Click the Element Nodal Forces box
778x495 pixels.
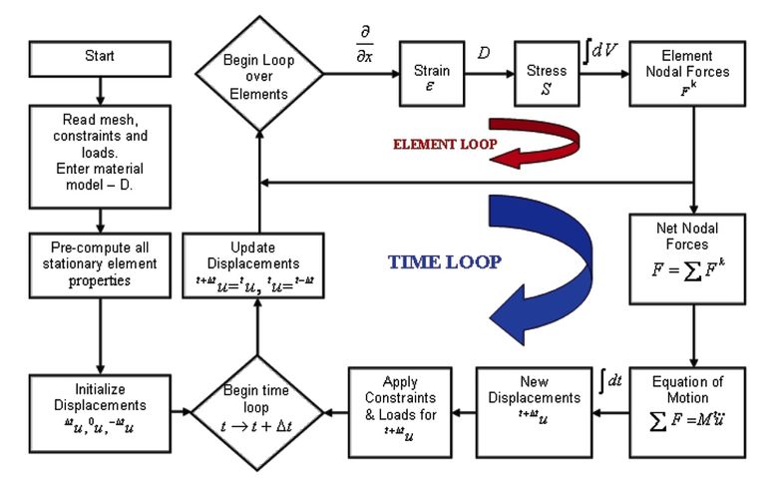[688, 73]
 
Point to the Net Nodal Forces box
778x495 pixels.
[688, 256]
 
